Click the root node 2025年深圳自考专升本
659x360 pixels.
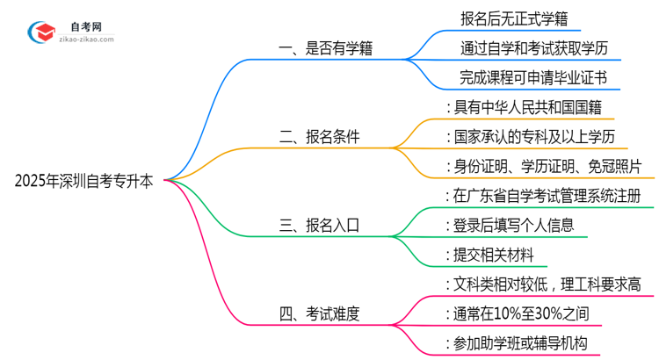click(83, 182)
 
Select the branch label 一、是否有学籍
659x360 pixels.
click(325, 49)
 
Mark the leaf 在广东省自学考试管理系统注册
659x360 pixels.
click(549, 195)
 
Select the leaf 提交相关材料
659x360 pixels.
click(496, 255)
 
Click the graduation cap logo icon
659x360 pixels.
click(40, 31)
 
